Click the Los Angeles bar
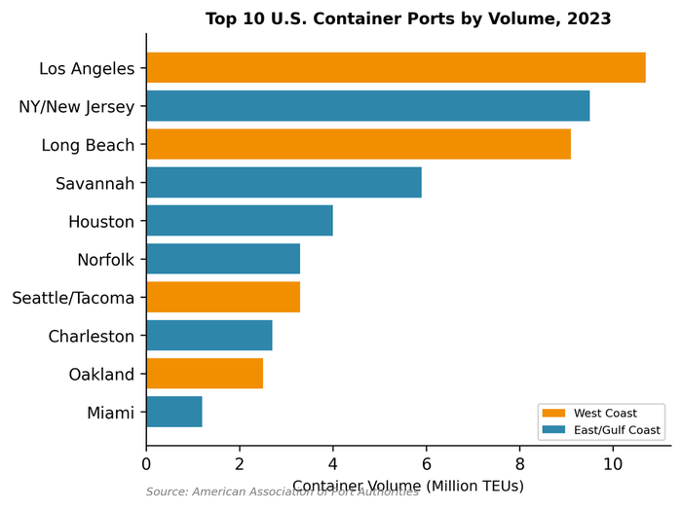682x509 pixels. [396, 68]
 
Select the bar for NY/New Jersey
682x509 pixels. [367, 106]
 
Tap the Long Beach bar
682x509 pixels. [359, 144]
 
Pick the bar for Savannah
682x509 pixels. [284, 182]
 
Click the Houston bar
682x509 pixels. [240, 220]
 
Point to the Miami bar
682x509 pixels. [174, 412]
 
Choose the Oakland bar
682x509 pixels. [205, 374]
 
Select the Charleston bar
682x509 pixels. [209, 336]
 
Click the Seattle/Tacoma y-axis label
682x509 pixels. [73, 298]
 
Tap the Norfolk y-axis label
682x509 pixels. [105, 260]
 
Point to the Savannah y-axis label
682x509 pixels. [95, 182]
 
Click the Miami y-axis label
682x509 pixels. [110, 413]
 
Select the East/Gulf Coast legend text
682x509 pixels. [617, 430]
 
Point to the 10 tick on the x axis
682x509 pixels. [613, 465]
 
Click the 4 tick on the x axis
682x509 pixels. [332, 465]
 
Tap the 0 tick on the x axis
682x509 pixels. [146, 465]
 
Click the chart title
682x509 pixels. [408, 18]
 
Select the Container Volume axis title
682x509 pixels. [408, 485]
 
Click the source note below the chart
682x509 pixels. [283, 492]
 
